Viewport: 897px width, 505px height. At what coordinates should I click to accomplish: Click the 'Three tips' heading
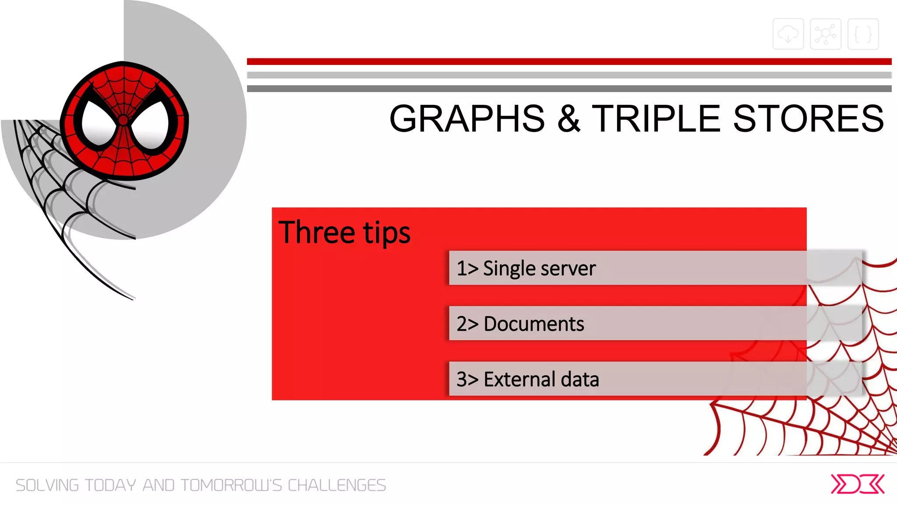tap(344, 232)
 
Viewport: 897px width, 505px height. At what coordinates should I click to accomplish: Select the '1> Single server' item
tap(526, 268)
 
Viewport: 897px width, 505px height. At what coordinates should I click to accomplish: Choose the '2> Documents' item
tap(520, 324)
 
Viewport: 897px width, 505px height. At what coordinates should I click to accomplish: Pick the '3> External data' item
tap(527, 379)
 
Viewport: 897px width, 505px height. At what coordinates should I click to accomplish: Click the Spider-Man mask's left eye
tap(99, 123)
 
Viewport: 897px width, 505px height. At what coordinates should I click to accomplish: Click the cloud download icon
tap(788, 34)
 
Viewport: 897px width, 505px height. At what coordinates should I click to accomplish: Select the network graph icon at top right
tap(826, 34)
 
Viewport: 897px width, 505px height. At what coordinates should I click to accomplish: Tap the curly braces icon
tap(863, 34)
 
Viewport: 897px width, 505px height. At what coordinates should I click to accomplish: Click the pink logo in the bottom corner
tap(858, 484)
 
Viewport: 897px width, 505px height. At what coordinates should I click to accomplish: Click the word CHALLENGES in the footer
tap(336, 485)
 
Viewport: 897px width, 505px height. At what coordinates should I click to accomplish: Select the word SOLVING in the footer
tap(47, 485)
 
